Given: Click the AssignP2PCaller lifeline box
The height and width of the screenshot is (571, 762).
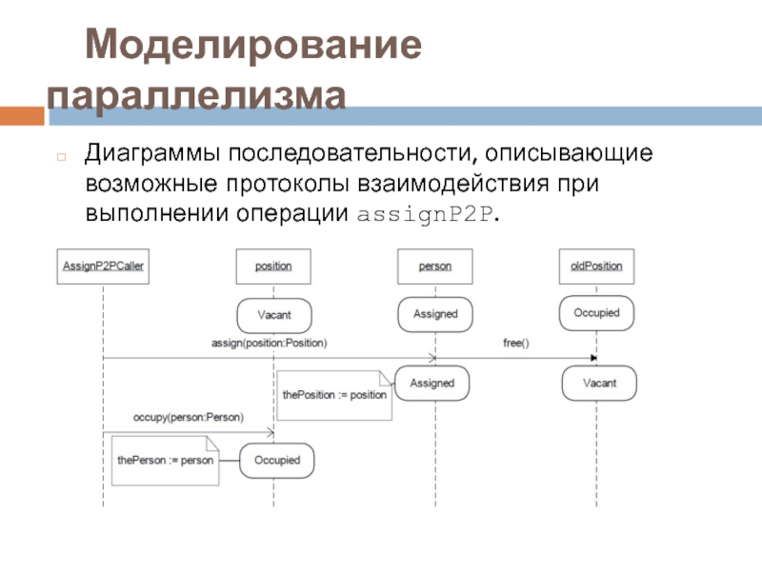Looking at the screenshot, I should [x=102, y=266].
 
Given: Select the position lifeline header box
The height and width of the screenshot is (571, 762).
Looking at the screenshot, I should [x=273, y=266].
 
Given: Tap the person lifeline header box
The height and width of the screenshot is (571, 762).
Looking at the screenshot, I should [x=435, y=266].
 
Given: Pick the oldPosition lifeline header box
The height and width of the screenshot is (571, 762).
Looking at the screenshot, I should [x=596, y=266].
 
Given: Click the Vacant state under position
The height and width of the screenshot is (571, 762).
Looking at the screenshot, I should [x=274, y=315].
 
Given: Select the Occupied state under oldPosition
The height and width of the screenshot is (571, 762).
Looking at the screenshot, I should [x=596, y=313].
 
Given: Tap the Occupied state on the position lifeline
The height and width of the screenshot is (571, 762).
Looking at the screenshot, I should [x=276, y=461].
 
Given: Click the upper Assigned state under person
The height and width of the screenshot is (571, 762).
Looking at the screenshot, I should [x=434, y=314].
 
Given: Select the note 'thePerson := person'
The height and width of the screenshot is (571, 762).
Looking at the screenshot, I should [x=165, y=460].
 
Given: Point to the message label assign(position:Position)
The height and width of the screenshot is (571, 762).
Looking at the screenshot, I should [x=270, y=342].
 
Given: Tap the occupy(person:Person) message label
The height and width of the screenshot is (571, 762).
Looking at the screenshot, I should [x=188, y=417].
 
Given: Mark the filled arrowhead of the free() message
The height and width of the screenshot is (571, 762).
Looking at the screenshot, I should [x=592, y=359].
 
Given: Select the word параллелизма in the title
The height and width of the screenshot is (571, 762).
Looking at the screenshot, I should [x=198, y=96].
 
